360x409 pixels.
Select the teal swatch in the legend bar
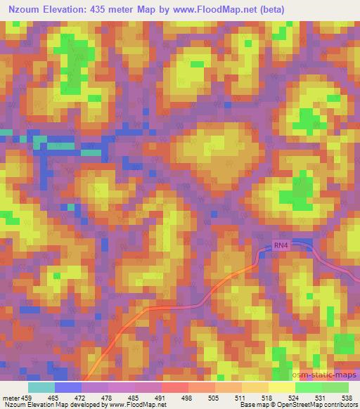click(41, 387)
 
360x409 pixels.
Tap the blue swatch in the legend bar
click(68, 387)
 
